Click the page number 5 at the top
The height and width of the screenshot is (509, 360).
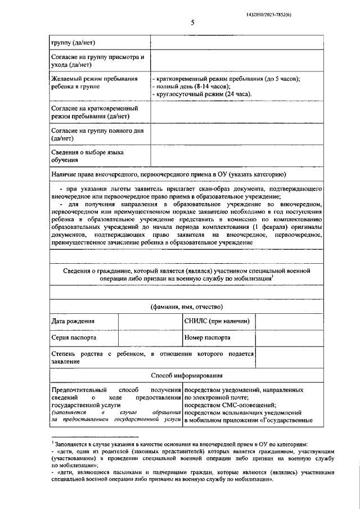(192, 22)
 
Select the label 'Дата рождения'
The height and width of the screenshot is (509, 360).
(73, 321)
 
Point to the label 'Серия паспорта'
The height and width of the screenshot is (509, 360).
(74, 338)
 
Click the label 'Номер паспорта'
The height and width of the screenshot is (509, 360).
(208, 338)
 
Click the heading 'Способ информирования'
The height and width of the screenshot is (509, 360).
(187, 375)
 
